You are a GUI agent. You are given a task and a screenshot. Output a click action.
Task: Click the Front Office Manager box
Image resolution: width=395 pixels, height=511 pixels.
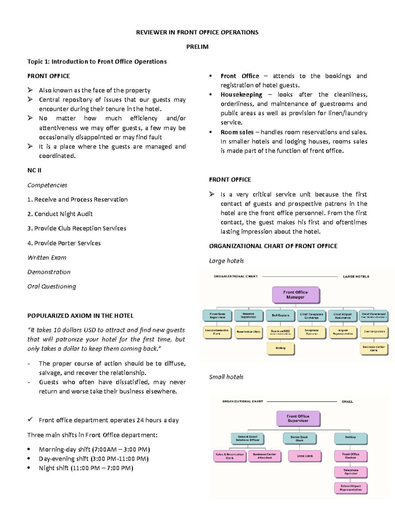click(295, 295)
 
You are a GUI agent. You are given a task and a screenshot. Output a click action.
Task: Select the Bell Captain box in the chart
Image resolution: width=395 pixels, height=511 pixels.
click(280, 316)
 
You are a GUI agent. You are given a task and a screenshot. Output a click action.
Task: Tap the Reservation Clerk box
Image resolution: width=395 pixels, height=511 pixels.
click(248, 332)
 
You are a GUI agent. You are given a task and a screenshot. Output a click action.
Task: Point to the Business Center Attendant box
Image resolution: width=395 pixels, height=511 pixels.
click(264, 456)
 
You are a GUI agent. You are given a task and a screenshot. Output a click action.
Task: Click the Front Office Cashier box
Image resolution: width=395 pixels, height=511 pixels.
click(351, 456)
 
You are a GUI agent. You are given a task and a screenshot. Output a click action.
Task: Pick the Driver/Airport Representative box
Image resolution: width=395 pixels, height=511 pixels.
click(351, 488)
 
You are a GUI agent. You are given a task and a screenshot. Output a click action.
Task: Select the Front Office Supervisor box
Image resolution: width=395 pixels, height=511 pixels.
click(298, 419)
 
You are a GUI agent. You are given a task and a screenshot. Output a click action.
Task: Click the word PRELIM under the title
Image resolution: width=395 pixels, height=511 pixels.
click(197, 47)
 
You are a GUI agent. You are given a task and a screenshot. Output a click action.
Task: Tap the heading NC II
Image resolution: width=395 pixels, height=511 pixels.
click(34, 170)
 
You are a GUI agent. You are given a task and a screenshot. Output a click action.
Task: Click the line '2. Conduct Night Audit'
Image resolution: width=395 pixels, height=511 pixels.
click(60, 214)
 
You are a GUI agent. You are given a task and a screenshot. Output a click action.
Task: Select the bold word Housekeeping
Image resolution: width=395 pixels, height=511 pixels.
click(241, 95)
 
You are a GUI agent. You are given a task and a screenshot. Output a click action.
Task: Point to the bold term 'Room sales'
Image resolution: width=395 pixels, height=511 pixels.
click(237, 132)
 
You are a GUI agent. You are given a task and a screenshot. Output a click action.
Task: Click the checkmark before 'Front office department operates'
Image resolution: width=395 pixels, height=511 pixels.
click(30, 420)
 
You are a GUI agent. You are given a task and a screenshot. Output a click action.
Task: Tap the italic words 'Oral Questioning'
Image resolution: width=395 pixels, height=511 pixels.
click(52, 287)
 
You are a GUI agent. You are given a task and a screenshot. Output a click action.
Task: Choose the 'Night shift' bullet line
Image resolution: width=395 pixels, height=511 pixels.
click(86, 468)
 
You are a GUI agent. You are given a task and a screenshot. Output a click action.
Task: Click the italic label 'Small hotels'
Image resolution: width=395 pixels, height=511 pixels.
click(226, 377)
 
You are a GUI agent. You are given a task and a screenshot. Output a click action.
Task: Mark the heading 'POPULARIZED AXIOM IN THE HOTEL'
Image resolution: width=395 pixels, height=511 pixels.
click(80, 316)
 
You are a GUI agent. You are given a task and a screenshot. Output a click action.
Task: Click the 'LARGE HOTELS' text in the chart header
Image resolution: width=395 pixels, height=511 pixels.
click(356, 277)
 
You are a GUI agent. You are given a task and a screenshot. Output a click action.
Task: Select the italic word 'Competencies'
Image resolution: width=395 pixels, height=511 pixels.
click(47, 185)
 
